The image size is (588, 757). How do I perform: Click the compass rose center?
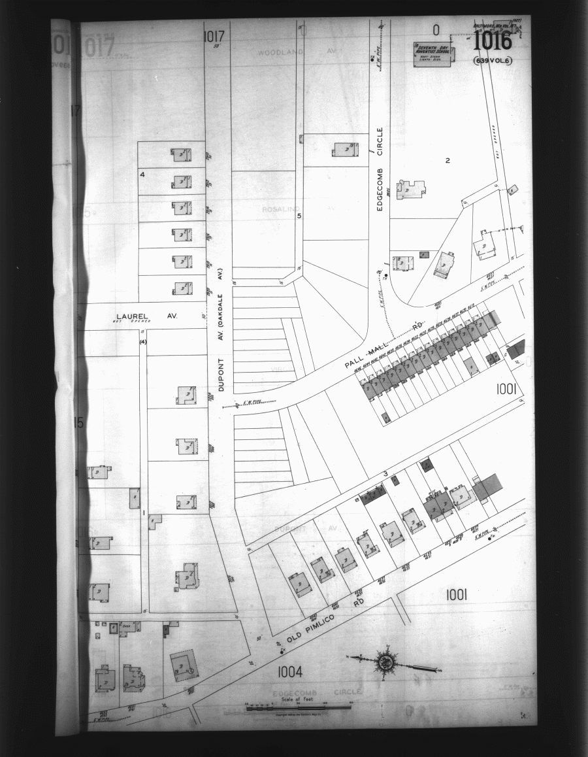pyautogui.click(x=386, y=662)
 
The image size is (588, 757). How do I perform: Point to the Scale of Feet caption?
pyautogui.click(x=297, y=699)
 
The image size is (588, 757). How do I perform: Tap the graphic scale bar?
pyautogui.click(x=297, y=707)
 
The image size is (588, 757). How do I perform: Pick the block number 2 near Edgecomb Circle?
pyautogui.click(x=448, y=160)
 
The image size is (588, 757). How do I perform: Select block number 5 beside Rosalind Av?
pyautogui.click(x=299, y=216)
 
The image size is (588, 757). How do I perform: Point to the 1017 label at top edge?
pyautogui.click(x=214, y=36)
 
